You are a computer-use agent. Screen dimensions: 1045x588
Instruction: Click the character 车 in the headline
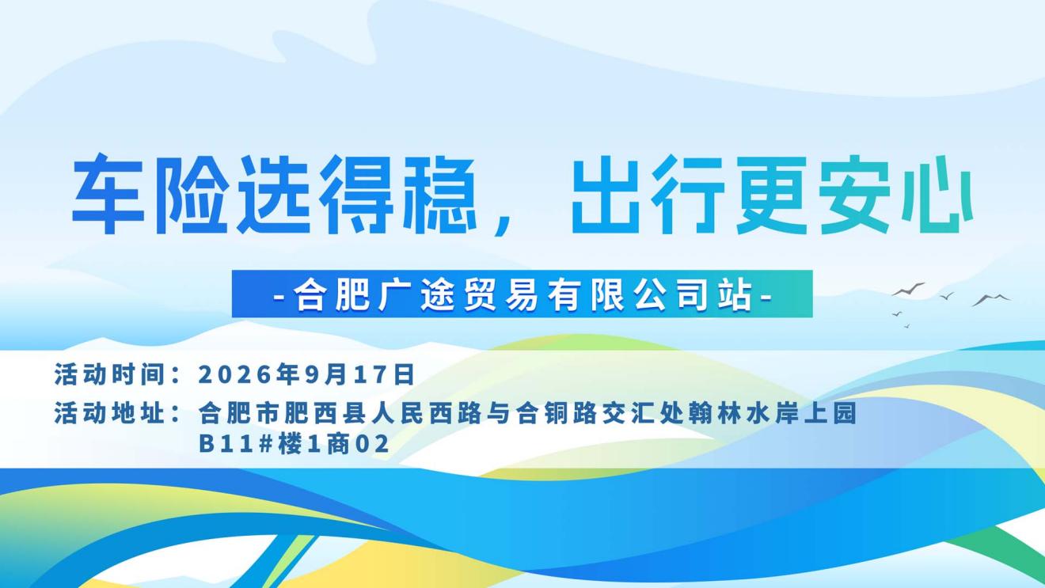pyautogui.click(x=108, y=194)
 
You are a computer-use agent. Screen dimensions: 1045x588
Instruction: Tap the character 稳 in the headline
pyautogui.click(x=440, y=194)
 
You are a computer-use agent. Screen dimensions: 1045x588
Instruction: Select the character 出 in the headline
pyautogui.click(x=606, y=194)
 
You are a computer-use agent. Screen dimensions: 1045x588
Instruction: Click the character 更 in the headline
pyautogui.click(x=772, y=194)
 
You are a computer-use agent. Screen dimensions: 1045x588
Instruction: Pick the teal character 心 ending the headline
pyautogui.click(x=937, y=194)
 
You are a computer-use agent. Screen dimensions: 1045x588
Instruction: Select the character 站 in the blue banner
pyautogui.click(x=735, y=294)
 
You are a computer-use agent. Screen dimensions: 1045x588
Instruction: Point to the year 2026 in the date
pyautogui.click(x=234, y=374)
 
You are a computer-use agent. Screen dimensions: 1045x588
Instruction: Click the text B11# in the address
pyautogui.click(x=236, y=443)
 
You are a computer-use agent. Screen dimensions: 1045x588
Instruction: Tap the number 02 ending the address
pyautogui.click(x=372, y=443)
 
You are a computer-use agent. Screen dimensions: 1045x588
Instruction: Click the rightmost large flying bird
pyautogui.click(x=991, y=300)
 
